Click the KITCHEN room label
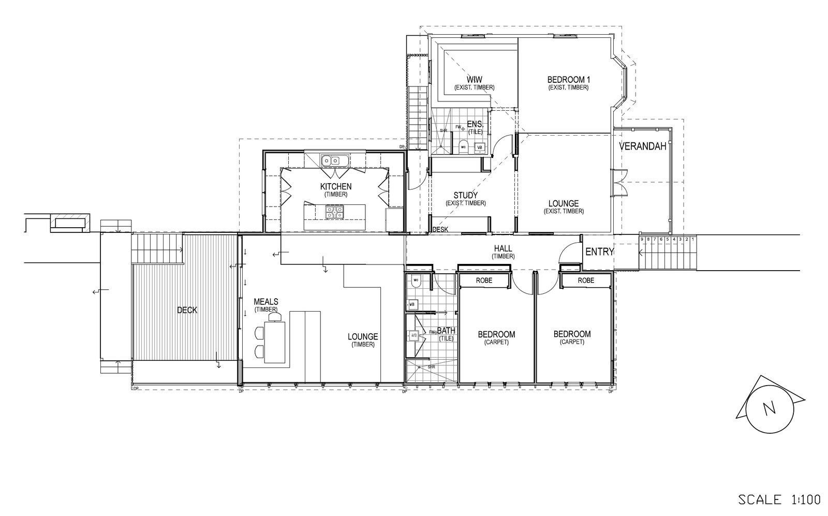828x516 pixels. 335,186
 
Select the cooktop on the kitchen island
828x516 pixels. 334,211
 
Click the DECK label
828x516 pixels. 187,310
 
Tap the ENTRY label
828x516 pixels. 599,252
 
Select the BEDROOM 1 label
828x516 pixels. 569,80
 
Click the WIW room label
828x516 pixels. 474,80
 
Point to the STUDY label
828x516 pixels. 465,195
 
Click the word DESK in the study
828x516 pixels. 440,229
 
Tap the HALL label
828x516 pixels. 502,249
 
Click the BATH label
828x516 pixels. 446,330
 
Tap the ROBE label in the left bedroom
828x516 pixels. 484,280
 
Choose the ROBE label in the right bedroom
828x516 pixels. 586,280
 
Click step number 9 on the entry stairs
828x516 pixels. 642,240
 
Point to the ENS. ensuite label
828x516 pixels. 475,124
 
